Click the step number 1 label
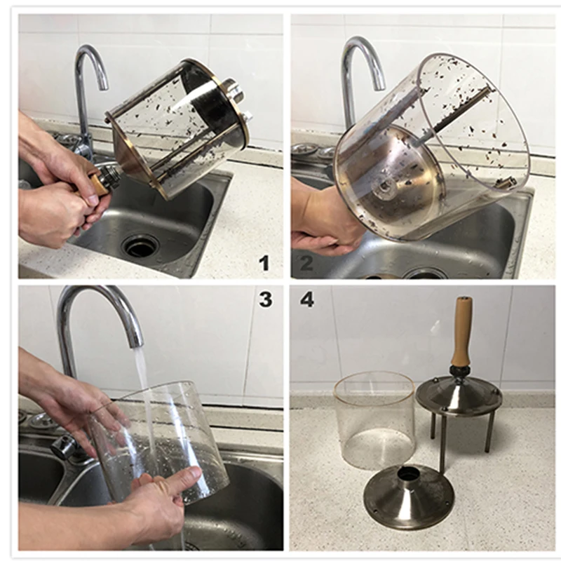coord(264,263)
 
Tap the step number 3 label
coord(265,299)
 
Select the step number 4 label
coord(306,299)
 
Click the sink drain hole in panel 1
coord(140,245)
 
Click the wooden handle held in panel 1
coord(100,184)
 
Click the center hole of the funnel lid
coord(407,475)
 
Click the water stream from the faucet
coord(144,393)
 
